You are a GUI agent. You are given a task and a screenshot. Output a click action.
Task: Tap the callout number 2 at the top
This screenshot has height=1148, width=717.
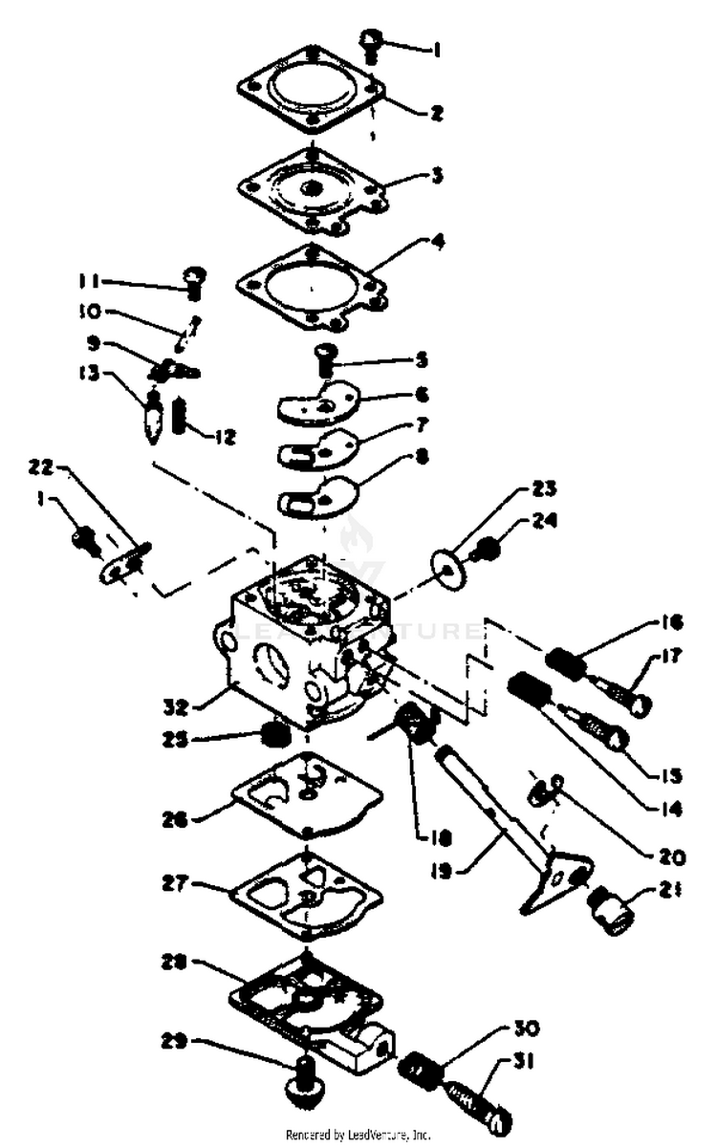[436, 113]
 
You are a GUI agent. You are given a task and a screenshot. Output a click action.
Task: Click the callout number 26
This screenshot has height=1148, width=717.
[177, 818]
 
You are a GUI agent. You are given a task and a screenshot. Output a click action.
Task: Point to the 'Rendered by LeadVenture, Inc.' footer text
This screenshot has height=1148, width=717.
[358, 1136]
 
